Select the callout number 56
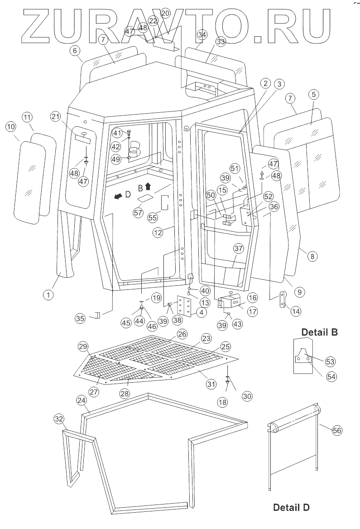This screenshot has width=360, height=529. [337, 431]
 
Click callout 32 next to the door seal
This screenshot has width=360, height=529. [59, 419]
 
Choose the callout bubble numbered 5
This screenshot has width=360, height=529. [314, 95]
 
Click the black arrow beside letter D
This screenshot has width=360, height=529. [118, 196]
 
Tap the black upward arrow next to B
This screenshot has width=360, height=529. [148, 187]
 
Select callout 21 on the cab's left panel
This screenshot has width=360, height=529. [56, 116]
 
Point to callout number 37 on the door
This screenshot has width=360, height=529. [238, 249]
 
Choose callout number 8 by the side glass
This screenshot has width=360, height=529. [312, 256]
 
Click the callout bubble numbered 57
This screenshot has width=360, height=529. [138, 212]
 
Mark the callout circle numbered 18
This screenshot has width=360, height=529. [223, 402]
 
